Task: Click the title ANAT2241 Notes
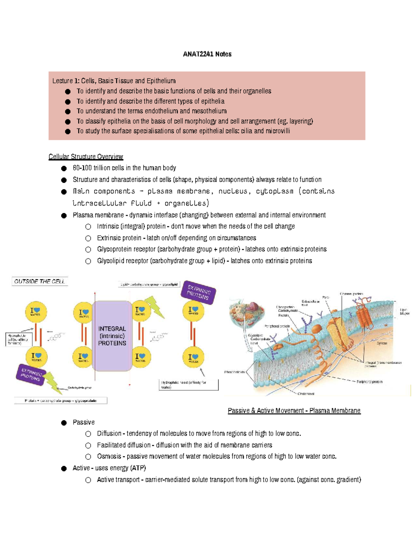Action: [207, 54]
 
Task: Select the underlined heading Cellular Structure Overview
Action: [86, 157]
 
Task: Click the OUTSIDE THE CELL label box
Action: [40, 281]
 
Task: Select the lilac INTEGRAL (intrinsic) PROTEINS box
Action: [112, 336]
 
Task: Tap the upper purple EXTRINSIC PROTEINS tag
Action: [198, 292]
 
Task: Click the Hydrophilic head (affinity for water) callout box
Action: [189, 385]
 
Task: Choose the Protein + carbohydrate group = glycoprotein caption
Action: [61, 401]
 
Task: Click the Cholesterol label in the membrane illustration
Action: [306, 393]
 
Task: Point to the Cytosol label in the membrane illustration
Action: [381, 343]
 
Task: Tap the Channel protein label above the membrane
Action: [351, 294]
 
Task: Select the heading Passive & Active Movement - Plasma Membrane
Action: [294, 411]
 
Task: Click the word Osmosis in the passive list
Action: [109, 456]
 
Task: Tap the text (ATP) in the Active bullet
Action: [138, 468]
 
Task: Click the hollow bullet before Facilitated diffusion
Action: [88, 445]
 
